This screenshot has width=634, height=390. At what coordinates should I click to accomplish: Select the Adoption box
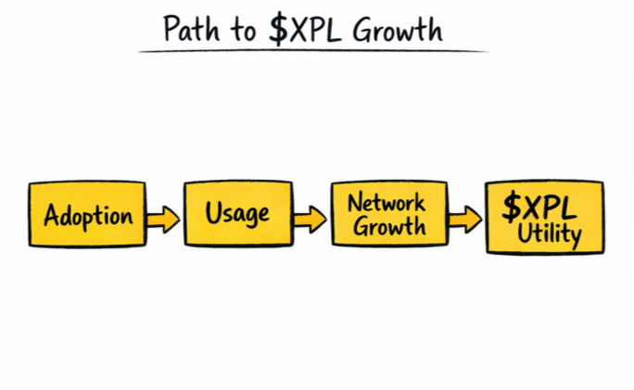pyautogui.click(x=87, y=214)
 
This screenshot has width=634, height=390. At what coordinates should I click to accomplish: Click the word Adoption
pyautogui.click(x=87, y=217)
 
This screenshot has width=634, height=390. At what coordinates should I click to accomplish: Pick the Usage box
pyautogui.click(x=236, y=214)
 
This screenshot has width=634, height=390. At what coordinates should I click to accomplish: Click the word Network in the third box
pyautogui.click(x=386, y=202)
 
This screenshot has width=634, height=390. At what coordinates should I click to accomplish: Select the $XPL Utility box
pyautogui.click(x=544, y=218)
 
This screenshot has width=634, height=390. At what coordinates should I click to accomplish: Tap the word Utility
pyautogui.click(x=550, y=233)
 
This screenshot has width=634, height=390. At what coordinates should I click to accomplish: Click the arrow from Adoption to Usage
pyautogui.click(x=164, y=219)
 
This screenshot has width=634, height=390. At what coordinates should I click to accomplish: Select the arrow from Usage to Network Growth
pyautogui.click(x=311, y=219)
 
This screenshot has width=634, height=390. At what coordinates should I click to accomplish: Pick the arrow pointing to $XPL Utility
pyautogui.click(x=463, y=219)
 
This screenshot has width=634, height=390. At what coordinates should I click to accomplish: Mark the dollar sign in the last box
pyautogui.click(x=512, y=208)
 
